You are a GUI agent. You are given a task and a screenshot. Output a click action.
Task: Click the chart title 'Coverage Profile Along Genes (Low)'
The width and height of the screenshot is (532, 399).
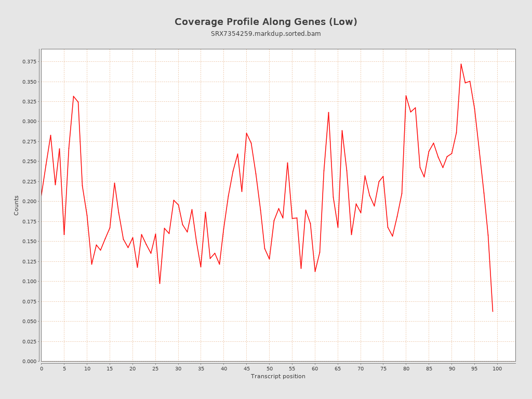pyautogui.click(x=265, y=22)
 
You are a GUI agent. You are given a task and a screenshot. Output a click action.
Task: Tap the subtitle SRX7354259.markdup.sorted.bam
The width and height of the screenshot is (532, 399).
pyautogui.click(x=265, y=34)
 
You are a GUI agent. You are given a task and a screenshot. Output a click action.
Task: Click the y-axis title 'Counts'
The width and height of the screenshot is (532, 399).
pyautogui.click(x=16, y=205)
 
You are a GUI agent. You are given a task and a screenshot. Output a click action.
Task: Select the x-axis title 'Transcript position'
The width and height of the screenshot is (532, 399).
pyautogui.click(x=278, y=376)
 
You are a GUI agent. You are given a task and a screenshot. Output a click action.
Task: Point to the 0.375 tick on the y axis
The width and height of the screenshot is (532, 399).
pyautogui.click(x=29, y=62)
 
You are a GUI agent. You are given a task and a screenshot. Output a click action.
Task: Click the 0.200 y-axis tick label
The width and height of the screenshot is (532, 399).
pyautogui.click(x=29, y=202)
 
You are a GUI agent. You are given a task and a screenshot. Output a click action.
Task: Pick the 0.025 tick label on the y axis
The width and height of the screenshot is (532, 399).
pyautogui.click(x=29, y=341)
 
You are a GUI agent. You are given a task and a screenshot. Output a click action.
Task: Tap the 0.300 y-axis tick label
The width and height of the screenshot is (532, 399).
pyautogui.click(x=29, y=122)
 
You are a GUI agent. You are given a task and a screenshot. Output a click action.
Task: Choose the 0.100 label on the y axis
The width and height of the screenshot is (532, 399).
pyautogui.click(x=29, y=282)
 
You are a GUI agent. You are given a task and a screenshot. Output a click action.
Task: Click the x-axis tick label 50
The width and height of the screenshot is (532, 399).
pyautogui.click(x=269, y=368)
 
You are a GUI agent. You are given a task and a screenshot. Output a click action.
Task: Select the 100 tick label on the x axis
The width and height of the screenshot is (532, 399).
pyautogui.click(x=497, y=368)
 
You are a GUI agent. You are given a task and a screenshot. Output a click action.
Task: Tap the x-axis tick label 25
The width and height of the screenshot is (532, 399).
pyautogui.click(x=155, y=368)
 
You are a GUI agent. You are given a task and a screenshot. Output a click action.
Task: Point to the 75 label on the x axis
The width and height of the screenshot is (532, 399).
pyautogui.click(x=383, y=368)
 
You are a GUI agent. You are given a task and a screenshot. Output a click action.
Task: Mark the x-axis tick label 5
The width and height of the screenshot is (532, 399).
pyautogui.click(x=64, y=368)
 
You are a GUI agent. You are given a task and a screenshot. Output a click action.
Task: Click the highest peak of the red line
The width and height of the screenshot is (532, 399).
pyautogui.click(x=461, y=64)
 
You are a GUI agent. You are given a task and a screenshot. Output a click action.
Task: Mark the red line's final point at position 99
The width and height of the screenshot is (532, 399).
pyautogui.click(x=493, y=311)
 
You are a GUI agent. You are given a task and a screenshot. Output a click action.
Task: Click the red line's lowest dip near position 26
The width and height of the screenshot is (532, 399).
pyautogui.click(x=159, y=283)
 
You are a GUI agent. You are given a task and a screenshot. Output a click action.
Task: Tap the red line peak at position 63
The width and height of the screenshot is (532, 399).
pyautogui.click(x=328, y=112)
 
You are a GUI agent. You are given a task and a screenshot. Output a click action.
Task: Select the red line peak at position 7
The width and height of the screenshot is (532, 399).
pyautogui.click(x=73, y=96)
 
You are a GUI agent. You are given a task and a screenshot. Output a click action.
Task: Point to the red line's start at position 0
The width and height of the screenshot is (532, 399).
pyautogui.click(x=42, y=195)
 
